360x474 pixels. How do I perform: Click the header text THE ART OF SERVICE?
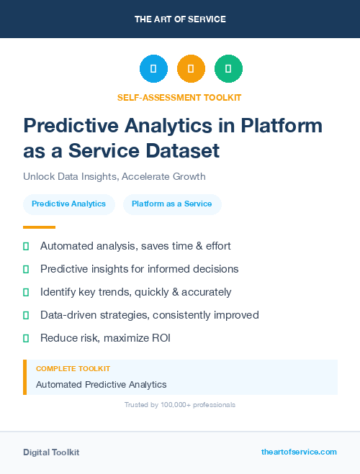180,19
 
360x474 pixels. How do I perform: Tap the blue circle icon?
153,69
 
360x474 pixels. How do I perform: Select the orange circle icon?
191,69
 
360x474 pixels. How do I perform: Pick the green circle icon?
228,69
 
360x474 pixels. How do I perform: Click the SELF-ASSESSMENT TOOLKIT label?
179,97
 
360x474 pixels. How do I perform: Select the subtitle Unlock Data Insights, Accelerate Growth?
114,176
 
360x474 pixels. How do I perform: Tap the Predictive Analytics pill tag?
69,204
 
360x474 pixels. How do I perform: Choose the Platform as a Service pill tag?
172,204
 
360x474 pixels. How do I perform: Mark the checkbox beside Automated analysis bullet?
26,246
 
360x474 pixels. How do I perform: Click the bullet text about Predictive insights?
139,269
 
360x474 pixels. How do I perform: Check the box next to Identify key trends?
26,292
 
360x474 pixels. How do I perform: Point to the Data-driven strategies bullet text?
149,315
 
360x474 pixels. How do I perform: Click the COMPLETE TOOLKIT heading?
73,368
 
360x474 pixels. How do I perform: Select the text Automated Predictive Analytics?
101,385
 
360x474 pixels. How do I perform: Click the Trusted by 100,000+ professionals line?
180,405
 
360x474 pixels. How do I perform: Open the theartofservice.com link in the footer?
299,452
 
